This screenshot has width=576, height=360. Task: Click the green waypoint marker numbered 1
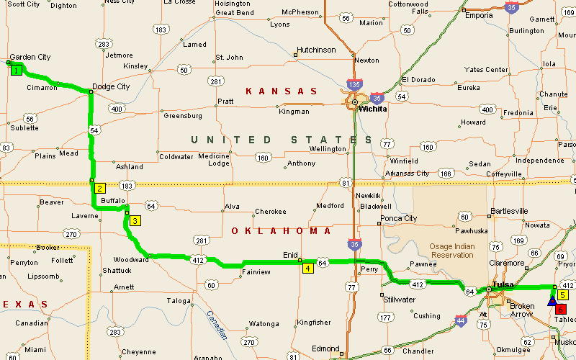(x=15, y=70)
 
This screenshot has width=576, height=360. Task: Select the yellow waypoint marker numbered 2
(x=100, y=188)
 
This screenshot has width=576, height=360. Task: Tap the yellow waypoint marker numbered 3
(x=135, y=221)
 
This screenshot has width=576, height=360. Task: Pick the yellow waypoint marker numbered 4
(x=307, y=269)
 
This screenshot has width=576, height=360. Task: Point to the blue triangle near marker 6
(x=552, y=301)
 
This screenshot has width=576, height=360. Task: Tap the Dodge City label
(x=112, y=86)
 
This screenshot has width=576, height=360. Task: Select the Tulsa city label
(x=503, y=285)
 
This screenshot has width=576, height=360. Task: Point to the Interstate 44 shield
(x=460, y=320)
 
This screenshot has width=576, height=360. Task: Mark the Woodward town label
(x=130, y=260)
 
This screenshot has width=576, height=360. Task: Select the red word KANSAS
(x=282, y=91)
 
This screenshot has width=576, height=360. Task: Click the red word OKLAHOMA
(x=282, y=231)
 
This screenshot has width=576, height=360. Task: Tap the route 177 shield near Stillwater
(x=387, y=317)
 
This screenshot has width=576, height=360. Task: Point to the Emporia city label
(x=479, y=15)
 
